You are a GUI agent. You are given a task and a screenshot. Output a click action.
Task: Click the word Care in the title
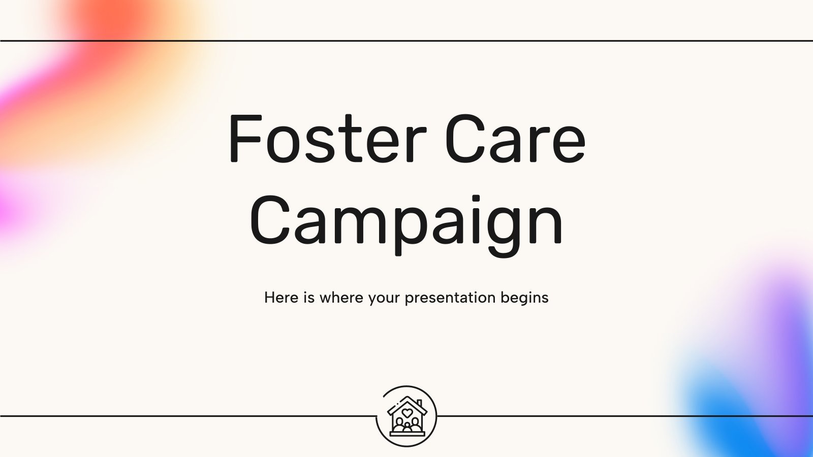pyautogui.click(x=515, y=138)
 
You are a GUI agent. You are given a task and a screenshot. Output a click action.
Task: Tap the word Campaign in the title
pyautogui.click(x=406, y=225)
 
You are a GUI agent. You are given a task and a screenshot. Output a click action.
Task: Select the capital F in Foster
pyautogui.click(x=246, y=138)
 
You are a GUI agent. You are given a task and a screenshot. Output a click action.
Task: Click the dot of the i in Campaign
pyautogui.click(x=476, y=199)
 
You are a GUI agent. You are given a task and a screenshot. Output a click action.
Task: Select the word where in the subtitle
pyautogui.click(x=341, y=298)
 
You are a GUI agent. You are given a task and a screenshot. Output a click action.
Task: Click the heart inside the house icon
pyautogui.click(x=407, y=413)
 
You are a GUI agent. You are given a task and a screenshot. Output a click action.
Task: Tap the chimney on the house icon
pyautogui.click(x=419, y=404)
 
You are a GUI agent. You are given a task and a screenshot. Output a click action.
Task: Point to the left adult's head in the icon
pyautogui.click(x=399, y=421)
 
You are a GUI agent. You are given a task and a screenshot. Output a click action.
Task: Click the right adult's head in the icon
pyautogui.click(x=415, y=421)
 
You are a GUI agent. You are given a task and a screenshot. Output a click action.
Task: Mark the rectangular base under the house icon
pyautogui.click(x=407, y=434)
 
